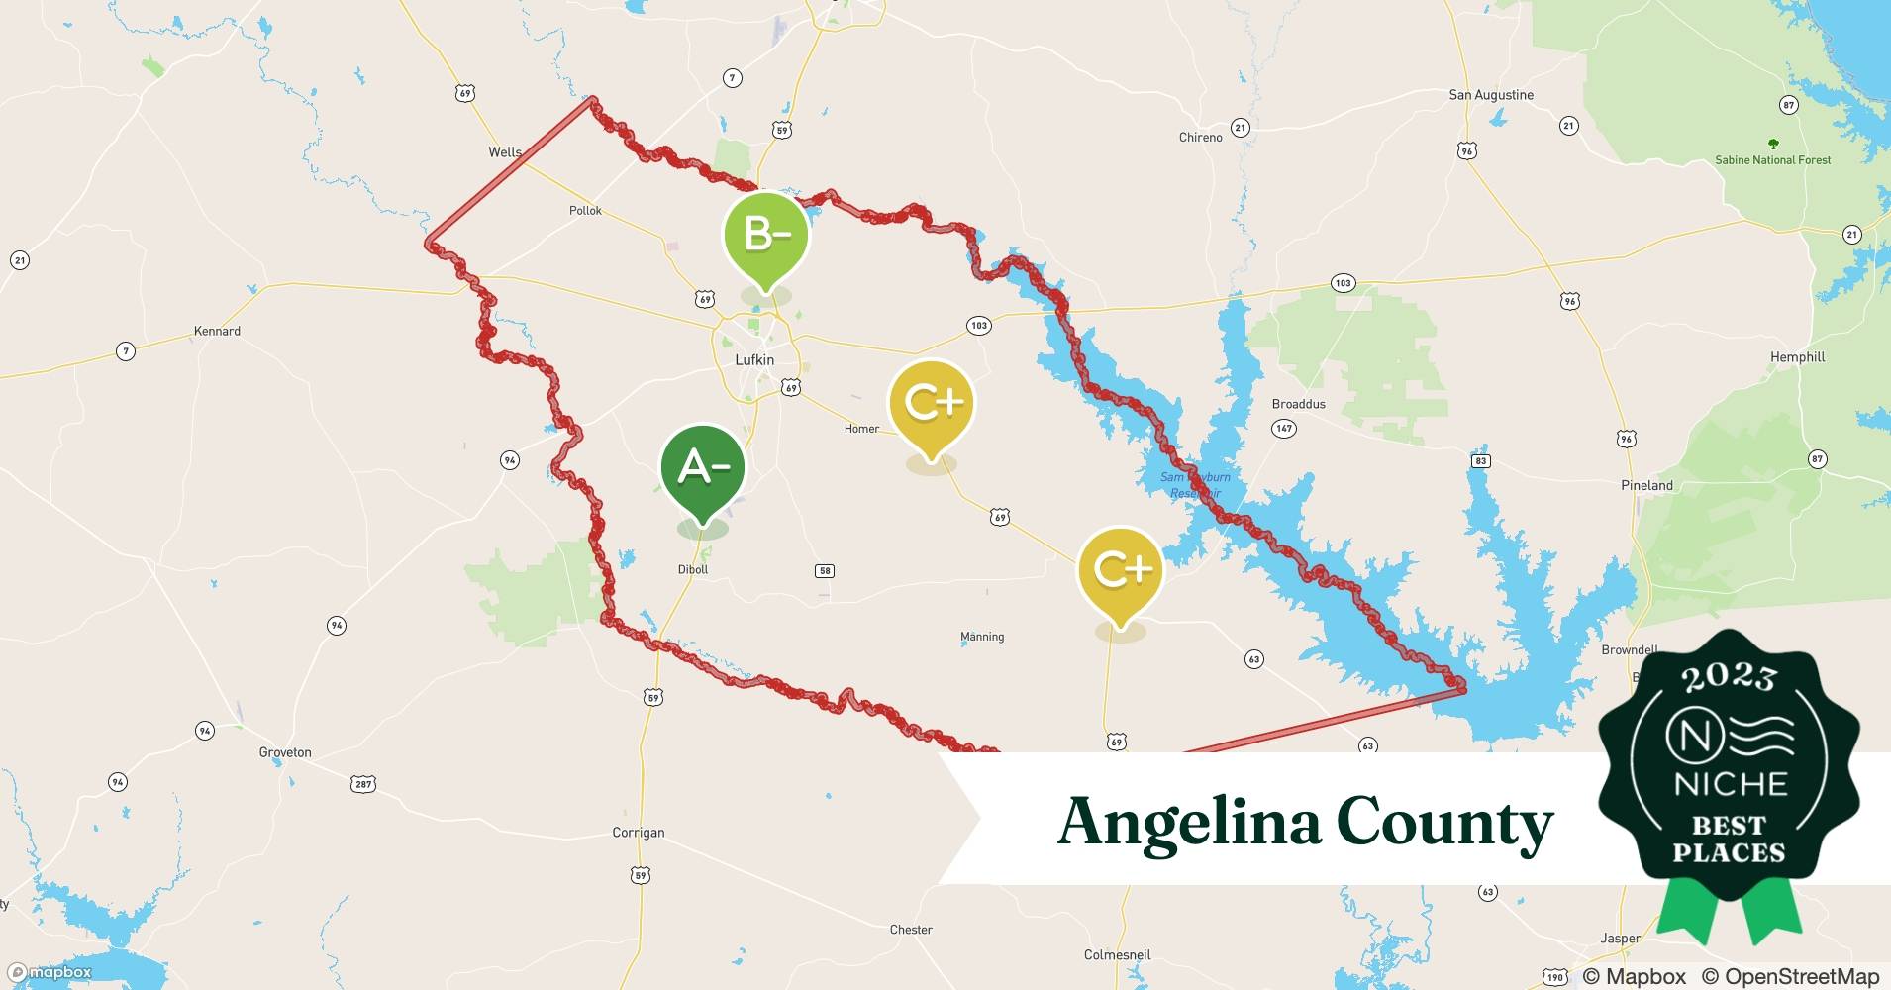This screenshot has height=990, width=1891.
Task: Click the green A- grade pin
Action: click(x=703, y=468)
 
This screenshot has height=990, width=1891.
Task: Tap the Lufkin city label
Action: click(x=754, y=360)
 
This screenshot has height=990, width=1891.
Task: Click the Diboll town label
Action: click(x=693, y=569)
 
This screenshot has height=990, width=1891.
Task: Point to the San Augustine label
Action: click(x=1491, y=95)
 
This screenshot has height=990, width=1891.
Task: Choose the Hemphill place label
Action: click(x=1797, y=357)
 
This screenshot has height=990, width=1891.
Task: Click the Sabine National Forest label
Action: click(x=1772, y=160)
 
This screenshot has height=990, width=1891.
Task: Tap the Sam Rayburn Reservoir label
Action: click(x=1195, y=485)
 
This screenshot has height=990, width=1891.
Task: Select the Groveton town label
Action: click(x=285, y=752)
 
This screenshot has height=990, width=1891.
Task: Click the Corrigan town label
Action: click(x=639, y=833)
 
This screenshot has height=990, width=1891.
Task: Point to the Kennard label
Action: click(x=217, y=331)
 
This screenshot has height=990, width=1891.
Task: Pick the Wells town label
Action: click(x=504, y=152)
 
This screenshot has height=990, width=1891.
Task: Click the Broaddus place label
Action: click(x=1298, y=404)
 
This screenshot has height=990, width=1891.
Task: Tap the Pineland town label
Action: click(x=1646, y=485)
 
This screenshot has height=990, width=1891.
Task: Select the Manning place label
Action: click(x=982, y=637)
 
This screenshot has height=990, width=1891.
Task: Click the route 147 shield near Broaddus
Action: click(x=1284, y=429)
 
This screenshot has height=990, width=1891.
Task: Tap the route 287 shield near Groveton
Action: click(x=363, y=784)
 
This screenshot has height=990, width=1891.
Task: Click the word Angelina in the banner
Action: click(x=1187, y=822)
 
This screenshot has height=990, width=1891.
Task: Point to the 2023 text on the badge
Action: click(x=1729, y=677)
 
